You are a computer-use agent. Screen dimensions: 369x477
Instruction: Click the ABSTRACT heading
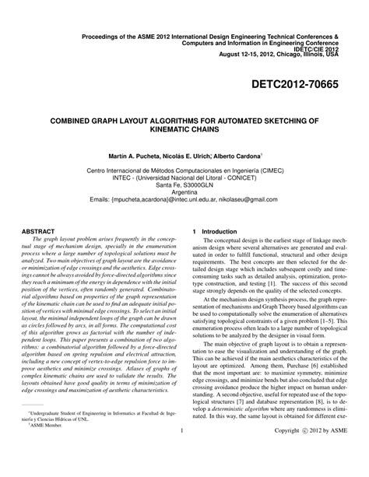[37, 231]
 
